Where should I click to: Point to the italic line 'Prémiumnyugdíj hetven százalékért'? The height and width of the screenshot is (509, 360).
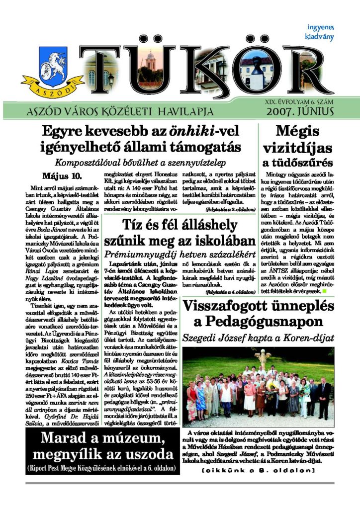point(176,254)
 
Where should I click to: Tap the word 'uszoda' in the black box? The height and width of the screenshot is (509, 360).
point(146,455)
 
